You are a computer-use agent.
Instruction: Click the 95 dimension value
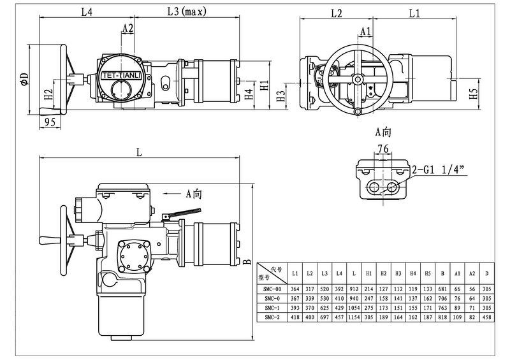pyautogui.click(x=50, y=122)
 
